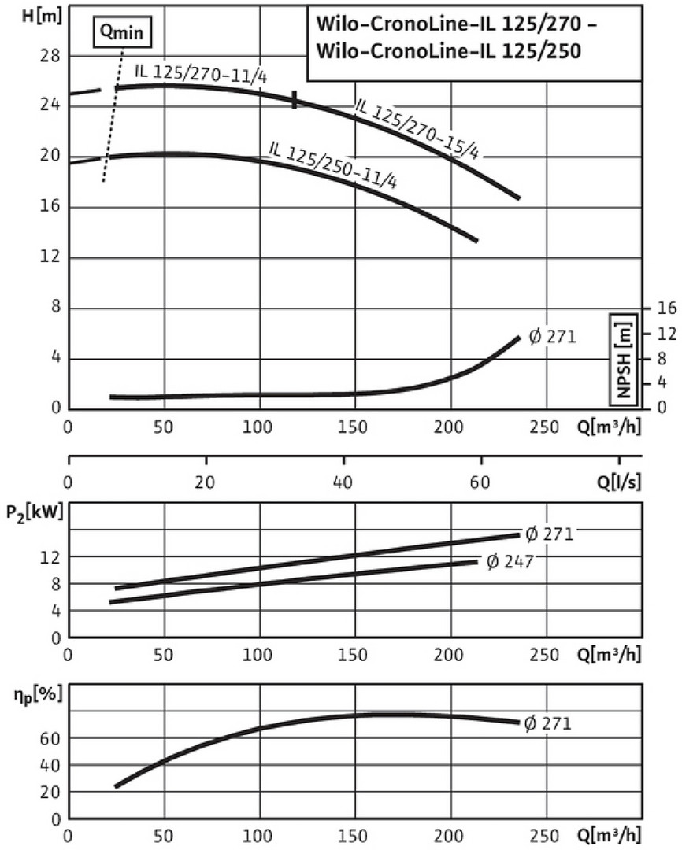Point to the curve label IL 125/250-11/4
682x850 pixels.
click(332, 164)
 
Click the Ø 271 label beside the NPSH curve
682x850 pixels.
click(552, 337)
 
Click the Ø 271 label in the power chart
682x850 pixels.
click(547, 534)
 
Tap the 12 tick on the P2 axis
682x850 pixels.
click(53, 556)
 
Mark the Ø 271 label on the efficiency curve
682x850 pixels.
click(546, 722)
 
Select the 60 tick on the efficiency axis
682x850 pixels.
click(53, 738)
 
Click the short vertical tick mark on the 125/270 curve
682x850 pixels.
click(295, 100)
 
